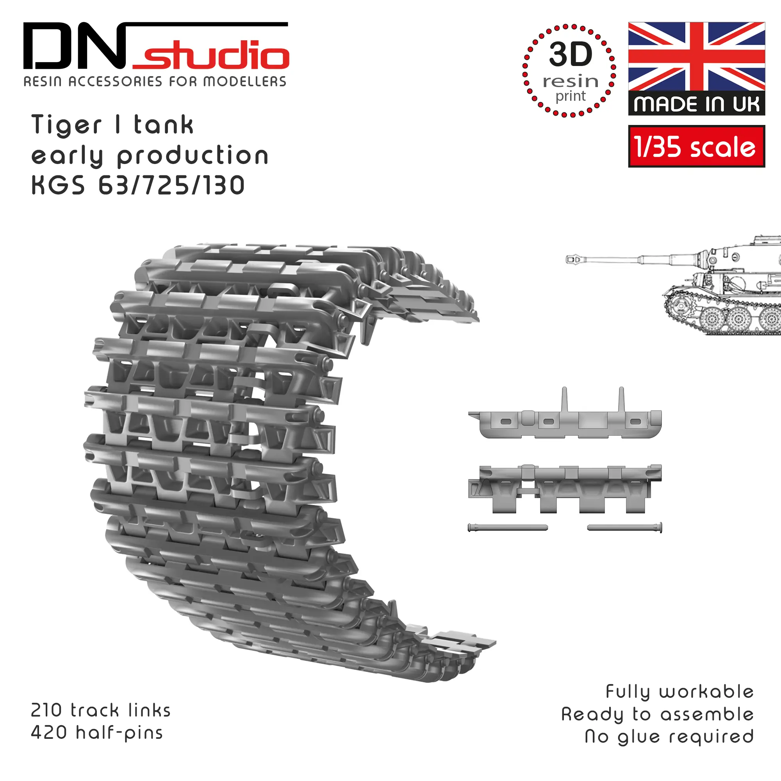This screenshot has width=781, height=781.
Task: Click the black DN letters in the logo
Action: coord(75,46)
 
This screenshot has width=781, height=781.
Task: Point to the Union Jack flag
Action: coord(697,56)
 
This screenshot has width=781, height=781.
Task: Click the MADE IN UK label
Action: coord(697,104)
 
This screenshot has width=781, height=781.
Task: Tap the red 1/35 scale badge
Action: coord(697,146)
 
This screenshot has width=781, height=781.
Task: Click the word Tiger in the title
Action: coord(66,125)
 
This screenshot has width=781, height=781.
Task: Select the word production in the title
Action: coord(193,156)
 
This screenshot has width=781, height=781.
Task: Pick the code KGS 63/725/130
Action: coord(138,185)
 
